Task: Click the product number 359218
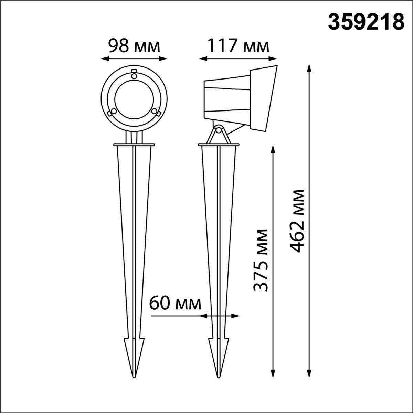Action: pyautogui.click(x=366, y=25)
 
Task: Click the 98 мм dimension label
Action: pyautogui.click(x=134, y=46)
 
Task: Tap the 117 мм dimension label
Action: pyautogui.click(x=239, y=46)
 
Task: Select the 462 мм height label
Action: pyautogui.click(x=297, y=221)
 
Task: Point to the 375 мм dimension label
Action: pyautogui.click(x=261, y=260)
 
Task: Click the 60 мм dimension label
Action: pyautogui.click(x=175, y=304)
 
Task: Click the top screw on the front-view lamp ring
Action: pyautogui.click(x=134, y=76)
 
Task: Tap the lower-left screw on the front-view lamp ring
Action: pyautogui.click(x=114, y=111)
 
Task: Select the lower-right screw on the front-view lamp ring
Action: pyautogui.click(x=154, y=111)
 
